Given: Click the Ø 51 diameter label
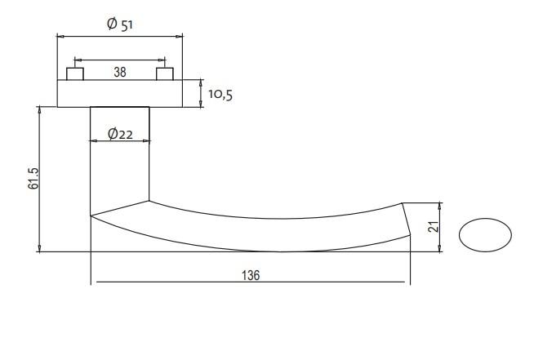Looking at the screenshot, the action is pyautogui.click(x=120, y=24).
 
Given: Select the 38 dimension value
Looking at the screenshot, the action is pyautogui.click(x=120, y=72).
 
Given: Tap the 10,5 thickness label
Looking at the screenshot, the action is pyautogui.click(x=220, y=95).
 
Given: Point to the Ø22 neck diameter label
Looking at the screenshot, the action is pyautogui.click(x=120, y=134).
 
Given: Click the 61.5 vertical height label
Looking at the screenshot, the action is pyautogui.click(x=33, y=178).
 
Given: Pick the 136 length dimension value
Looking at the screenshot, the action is pyautogui.click(x=251, y=275).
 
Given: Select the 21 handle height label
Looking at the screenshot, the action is pyautogui.click(x=434, y=226).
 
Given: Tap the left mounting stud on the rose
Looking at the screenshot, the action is pyautogui.click(x=75, y=74).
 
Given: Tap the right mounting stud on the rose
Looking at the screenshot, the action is pyautogui.click(x=165, y=74).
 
